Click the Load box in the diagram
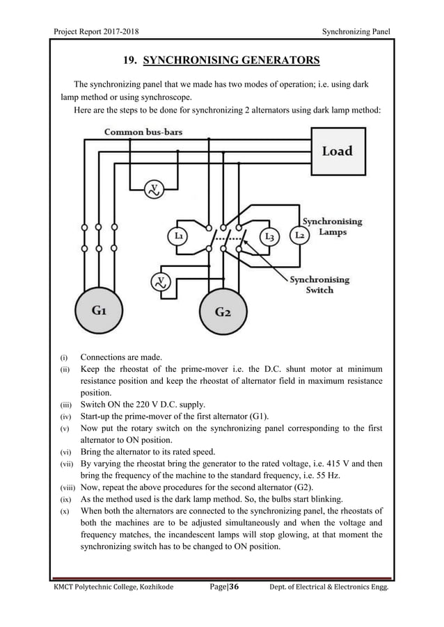point(338,151)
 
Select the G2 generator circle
point(222,312)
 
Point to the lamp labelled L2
point(301,236)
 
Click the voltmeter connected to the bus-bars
point(154,188)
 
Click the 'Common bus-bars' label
point(143,131)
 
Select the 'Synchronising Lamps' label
point(332,227)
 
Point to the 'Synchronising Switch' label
point(319,284)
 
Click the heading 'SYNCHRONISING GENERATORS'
point(231,60)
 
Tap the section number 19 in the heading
point(129,60)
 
